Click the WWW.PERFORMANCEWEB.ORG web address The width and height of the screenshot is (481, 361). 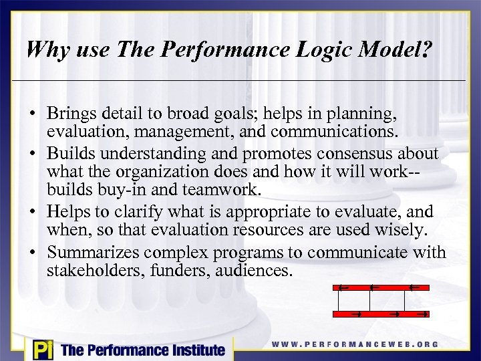(x=355, y=344)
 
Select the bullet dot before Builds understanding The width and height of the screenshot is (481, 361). (x=32, y=154)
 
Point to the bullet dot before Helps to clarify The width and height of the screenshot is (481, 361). (x=32, y=212)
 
